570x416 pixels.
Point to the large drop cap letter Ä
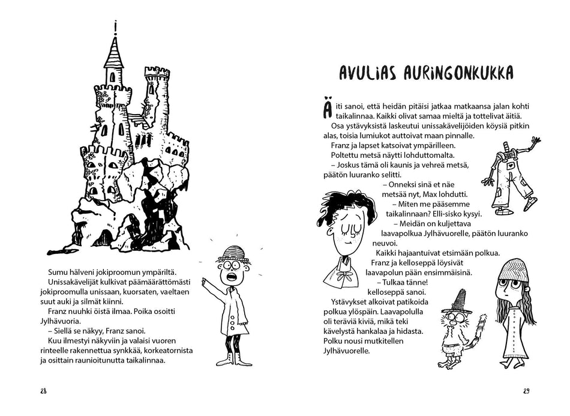point(326,112)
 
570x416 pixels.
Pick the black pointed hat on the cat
point(460,300)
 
